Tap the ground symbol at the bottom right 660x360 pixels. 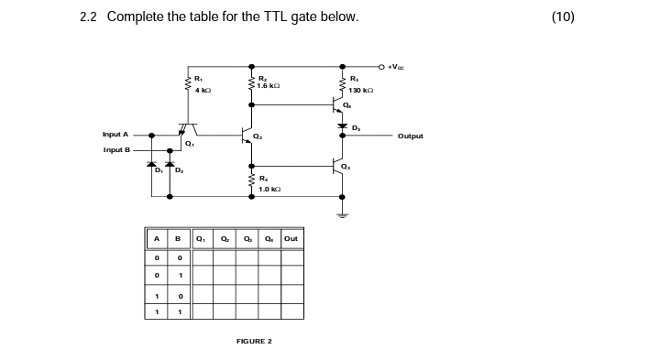tap(342, 215)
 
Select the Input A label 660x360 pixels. tap(115, 135)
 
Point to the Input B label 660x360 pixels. tap(116, 149)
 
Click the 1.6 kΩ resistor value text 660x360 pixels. tap(269, 85)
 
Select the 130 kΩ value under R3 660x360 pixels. tap(360, 91)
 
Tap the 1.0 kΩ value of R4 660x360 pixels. tap(269, 189)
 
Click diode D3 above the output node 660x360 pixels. tap(342, 125)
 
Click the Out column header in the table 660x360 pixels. tap(291, 239)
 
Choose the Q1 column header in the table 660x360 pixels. tap(202, 239)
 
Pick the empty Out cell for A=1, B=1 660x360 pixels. tap(291, 311)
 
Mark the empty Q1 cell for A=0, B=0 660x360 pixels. tap(202, 257)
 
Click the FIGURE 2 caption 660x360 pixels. tap(254, 341)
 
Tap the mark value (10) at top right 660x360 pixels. tap(563, 16)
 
